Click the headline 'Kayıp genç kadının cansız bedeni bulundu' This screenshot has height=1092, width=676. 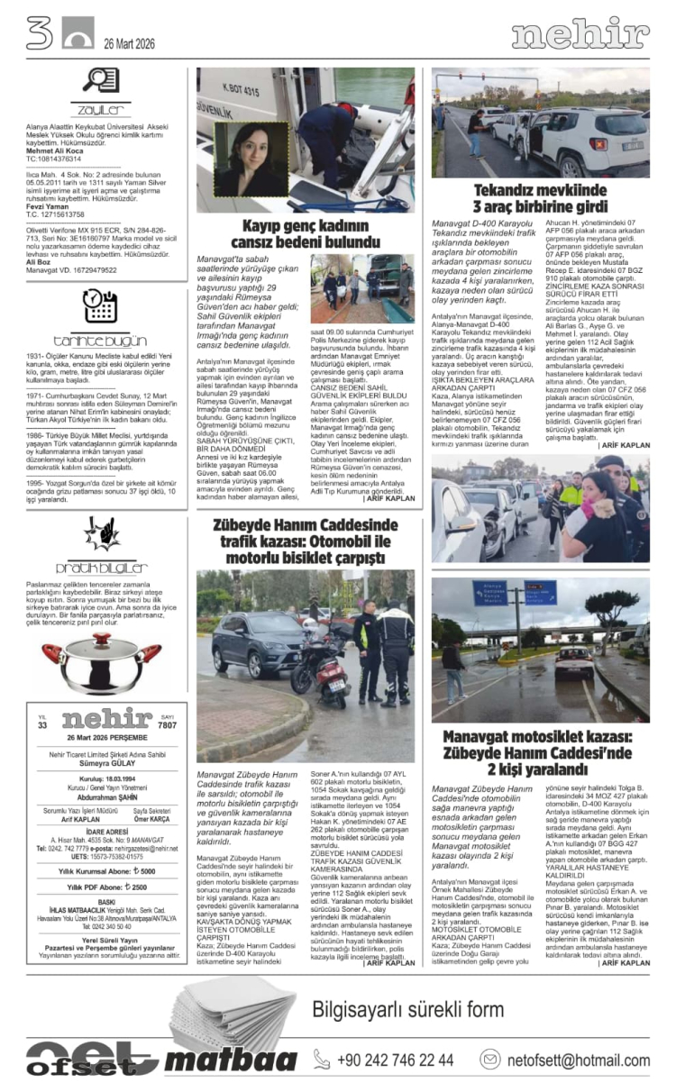(306, 232)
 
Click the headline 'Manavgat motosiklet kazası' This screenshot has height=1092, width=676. (537, 754)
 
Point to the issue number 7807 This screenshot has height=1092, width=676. (166, 725)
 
